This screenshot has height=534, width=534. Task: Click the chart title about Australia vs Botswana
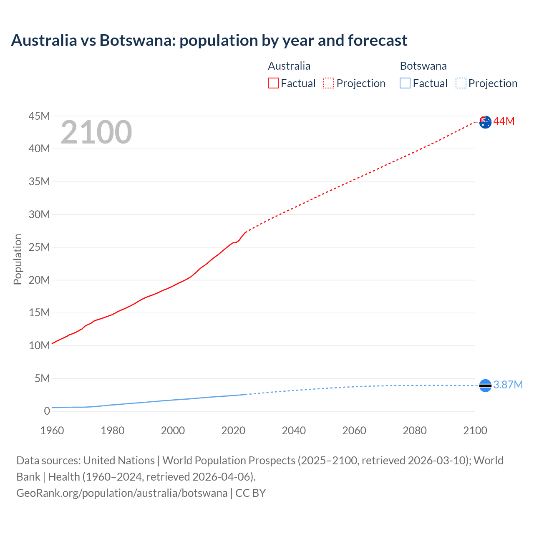(x=209, y=40)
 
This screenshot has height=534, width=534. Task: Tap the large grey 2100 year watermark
(x=96, y=132)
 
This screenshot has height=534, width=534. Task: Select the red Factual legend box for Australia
(x=273, y=83)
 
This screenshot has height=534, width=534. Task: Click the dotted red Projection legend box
(x=329, y=83)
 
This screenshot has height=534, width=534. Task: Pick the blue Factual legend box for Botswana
(x=405, y=83)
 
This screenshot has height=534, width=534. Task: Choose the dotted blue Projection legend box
(x=461, y=83)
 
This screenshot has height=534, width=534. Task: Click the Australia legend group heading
(x=289, y=66)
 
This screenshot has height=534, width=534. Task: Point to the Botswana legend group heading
(x=423, y=66)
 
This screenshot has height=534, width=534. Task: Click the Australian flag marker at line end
(x=485, y=122)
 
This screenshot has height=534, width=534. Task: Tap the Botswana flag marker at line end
(x=485, y=386)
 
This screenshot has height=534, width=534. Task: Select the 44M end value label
(x=504, y=121)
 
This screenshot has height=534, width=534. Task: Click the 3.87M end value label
(x=508, y=385)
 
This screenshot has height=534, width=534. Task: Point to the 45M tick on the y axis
(x=39, y=116)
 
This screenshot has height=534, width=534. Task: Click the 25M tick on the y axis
(x=39, y=247)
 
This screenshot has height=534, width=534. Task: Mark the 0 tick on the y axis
(x=47, y=411)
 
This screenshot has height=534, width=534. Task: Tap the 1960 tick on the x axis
(x=52, y=431)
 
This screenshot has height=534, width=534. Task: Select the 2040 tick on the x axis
(x=294, y=431)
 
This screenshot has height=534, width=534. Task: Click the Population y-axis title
(x=18, y=259)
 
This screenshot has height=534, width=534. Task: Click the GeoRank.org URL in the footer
(x=122, y=493)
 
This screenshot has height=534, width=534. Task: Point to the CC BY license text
(x=250, y=493)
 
